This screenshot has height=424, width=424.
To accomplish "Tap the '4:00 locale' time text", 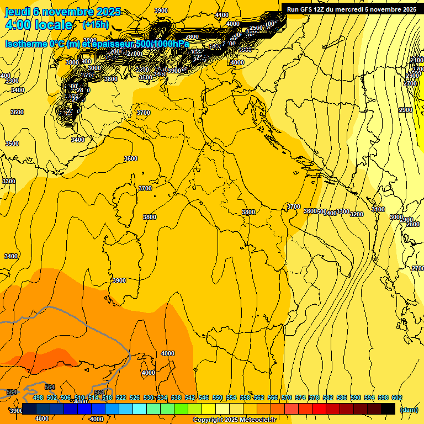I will point(38,25).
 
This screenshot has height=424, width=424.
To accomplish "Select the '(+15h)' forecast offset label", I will point(96,25).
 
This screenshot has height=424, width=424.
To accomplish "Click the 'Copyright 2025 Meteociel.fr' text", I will point(235,420).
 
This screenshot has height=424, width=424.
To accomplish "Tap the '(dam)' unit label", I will point(409,410).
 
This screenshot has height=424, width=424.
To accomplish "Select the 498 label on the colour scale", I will point(38,397).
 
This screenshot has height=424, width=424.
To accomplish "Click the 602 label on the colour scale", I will point(397,397).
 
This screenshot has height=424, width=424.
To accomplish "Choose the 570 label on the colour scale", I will point(287,397).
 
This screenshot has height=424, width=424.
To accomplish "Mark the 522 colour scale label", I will point(121,397).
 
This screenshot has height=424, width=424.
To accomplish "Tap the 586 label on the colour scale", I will point(342,397).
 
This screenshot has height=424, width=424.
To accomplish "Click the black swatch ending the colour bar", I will point(388,409).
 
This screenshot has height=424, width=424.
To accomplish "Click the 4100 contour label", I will point(222,15).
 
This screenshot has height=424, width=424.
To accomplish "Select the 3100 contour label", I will point(378,209).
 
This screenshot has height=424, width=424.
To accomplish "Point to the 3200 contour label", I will point(357,214).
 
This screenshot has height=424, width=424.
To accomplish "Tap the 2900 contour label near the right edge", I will point(405,110).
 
